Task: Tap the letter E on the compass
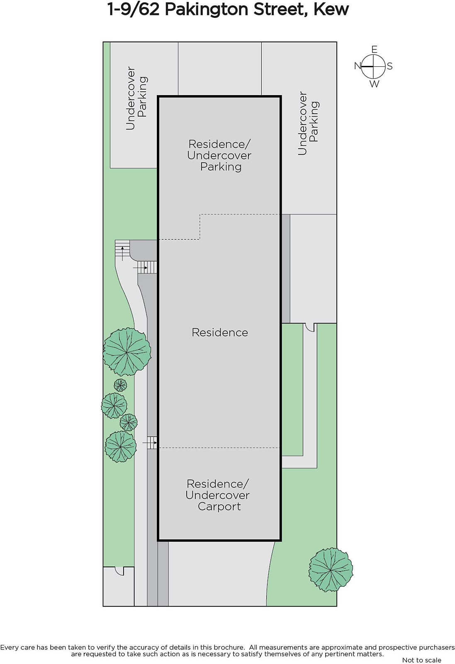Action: (x=374, y=50)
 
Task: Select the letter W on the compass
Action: (x=374, y=84)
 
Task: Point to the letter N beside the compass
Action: (x=358, y=66)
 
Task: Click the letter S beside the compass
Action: (x=390, y=66)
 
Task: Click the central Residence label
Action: (x=220, y=332)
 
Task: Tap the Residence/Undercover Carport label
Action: (x=218, y=495)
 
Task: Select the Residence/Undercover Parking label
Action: (x=219, y=155)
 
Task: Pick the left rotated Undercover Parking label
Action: (x=136, y=98)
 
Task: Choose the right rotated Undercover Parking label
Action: (x=308, y=123)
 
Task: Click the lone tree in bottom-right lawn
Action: (x=331, y=570)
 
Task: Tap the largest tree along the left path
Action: (x=127, y=352)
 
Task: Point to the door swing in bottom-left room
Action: (x=120, y=571)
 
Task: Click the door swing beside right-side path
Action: (x=309, y=327)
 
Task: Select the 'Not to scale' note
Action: (x=421, y=660)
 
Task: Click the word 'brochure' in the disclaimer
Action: (x=229, y=647)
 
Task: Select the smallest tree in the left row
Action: (x=120, y=385)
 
